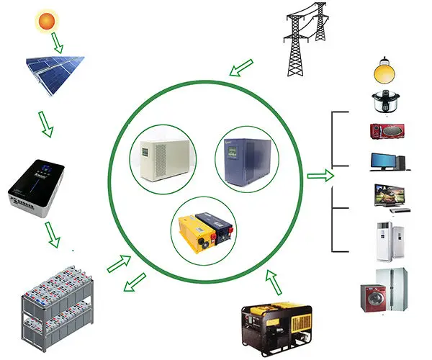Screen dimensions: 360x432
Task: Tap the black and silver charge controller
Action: pyautogui.click(x=40, y=189)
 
